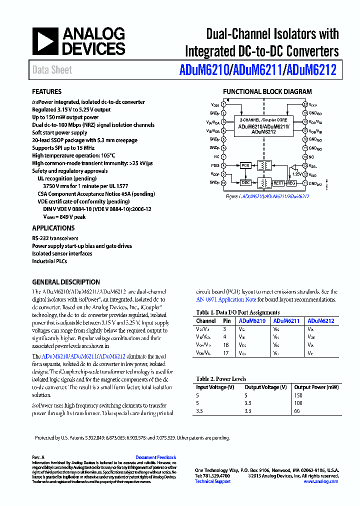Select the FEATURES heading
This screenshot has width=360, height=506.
pyautogui.click(x=46, y=92)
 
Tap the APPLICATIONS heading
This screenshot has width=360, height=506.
pyautogui.click(x=53, y=228)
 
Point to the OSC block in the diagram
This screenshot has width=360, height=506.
pyautogui.click(x=245, y=183)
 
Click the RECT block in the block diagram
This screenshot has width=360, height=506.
pyautogui.click(x=278, y=183)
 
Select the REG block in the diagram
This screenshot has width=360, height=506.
pyautogui.click(x=291, y=183)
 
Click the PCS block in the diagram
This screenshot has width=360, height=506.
pyautogui.click(x=245, y=165)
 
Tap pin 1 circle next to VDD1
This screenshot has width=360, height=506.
pyautogui.click(x=223, y=104)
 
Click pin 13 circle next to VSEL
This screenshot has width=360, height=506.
pyautogui.click(x=304, y=165)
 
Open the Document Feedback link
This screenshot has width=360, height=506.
pyautogui.click(x=155, y=457)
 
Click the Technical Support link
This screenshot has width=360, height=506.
pyautogui.click(x=212, y=481)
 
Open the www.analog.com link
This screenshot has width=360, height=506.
pyautogui.click(x=320, y=481)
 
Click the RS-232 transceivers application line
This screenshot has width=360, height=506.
pyautogui.click(x=55, y=238)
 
